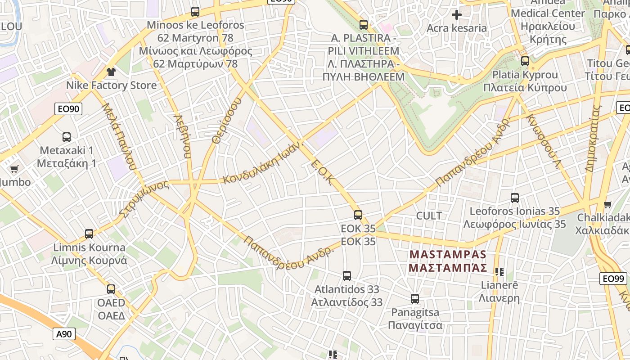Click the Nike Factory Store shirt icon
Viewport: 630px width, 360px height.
click(111, 72)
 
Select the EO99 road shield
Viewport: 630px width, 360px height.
click(614, 279)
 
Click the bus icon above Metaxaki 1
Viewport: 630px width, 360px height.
click(67, 137)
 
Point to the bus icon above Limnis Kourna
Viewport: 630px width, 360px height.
click(89, 234)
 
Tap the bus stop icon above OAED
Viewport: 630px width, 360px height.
click(111, 289)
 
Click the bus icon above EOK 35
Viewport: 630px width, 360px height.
click(358, 215)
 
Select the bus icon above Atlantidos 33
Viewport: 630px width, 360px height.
click(347, 275)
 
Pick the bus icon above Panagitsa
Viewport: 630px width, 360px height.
click(415, 298)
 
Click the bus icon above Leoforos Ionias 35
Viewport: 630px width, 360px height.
click(515, 198)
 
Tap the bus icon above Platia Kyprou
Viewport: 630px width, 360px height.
click(525, 61)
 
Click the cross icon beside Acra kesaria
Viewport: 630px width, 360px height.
click(457, 15)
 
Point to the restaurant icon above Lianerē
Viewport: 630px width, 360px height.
click(499, 271)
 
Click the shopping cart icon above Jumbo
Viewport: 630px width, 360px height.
click(14, 169)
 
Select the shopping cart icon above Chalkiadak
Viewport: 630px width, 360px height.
click(607, 204)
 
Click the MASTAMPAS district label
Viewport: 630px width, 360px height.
click(448, 255)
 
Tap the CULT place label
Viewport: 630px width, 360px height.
click(429, 216)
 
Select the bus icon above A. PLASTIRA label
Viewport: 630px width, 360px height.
click(364, 24)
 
